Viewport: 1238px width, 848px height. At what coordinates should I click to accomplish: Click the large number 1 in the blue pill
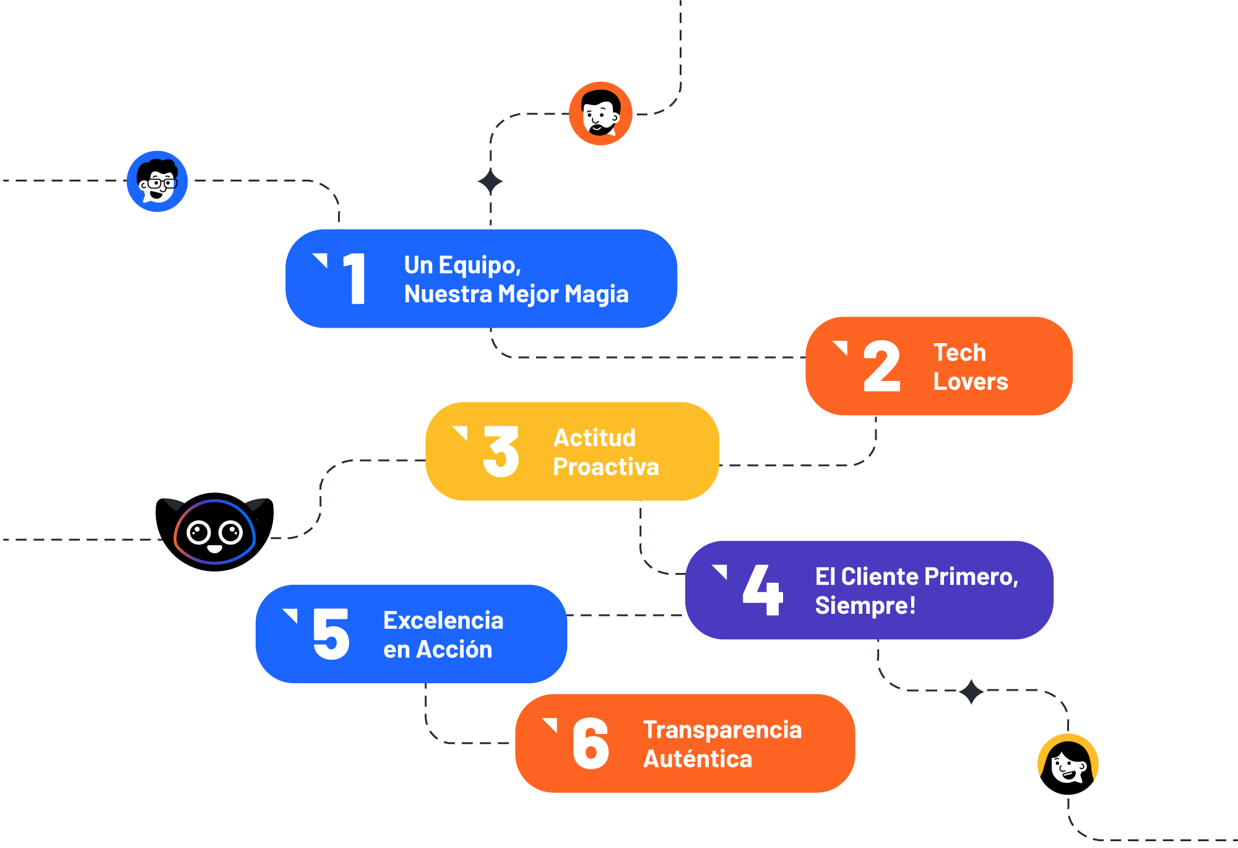point(355,279)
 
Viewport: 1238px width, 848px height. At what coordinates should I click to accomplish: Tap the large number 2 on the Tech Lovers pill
point(881,367)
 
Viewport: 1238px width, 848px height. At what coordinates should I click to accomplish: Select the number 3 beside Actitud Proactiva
point(501,452)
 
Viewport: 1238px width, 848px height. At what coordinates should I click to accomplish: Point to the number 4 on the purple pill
point(763,590)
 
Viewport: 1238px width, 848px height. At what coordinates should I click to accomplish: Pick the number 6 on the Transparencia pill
point(591,743)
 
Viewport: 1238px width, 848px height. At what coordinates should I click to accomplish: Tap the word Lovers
point(971,382)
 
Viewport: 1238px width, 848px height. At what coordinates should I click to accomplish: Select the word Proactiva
point(606,466)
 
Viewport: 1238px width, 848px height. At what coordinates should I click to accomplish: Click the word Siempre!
point(865,605)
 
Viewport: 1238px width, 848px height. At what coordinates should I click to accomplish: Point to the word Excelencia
point(443,620)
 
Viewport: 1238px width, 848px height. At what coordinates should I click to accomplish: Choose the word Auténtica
point(698,759)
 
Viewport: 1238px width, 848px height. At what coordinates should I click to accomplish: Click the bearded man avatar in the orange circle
point(600,113)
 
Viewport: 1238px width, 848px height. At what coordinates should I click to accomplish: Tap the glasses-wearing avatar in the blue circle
point(157,181)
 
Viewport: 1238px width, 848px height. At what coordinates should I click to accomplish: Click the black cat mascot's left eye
point(199,532)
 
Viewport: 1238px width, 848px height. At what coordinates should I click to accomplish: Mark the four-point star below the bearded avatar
point(490,182)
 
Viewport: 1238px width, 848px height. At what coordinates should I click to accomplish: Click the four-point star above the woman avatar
point(971,691)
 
